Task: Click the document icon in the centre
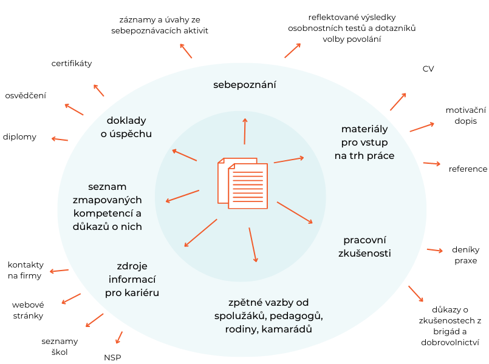242,183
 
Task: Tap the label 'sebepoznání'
244,85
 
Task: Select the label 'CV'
428,69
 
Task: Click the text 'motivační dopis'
466,115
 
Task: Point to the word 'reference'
468,169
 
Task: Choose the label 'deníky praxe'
467,255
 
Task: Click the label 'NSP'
112,357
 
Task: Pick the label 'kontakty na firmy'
26,270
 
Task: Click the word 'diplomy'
19,137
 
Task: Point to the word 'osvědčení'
26,95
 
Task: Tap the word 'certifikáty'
72,63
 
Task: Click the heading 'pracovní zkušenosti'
364,246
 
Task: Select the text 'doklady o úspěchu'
126,127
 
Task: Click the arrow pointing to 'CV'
398,102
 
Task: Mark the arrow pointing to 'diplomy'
60,140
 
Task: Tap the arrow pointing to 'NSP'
119,337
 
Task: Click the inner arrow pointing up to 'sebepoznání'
245,130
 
